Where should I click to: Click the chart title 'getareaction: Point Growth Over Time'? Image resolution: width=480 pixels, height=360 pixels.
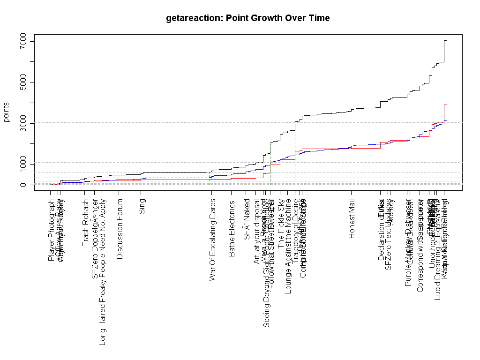(x=247, y=18)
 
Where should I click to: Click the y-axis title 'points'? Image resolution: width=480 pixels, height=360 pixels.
(x=7, y=112)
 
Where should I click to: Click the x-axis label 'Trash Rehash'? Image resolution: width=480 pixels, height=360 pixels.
(x=86, y=223)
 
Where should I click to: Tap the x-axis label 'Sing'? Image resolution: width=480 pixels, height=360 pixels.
(x=142, y=207)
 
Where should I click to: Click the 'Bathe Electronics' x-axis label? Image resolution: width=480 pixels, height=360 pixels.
(x=232, y=228)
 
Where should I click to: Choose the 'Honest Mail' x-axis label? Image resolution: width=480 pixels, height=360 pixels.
(x=352, y=218)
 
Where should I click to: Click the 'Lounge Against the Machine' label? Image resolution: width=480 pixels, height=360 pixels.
(x=288, y=247)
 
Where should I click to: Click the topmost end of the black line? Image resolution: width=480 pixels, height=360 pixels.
(x=445, y=41)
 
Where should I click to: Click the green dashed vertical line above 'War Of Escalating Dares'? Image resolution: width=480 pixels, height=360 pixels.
(x=209, y=178)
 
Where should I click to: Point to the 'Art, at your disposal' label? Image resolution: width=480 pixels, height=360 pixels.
(x=257, y=232)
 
